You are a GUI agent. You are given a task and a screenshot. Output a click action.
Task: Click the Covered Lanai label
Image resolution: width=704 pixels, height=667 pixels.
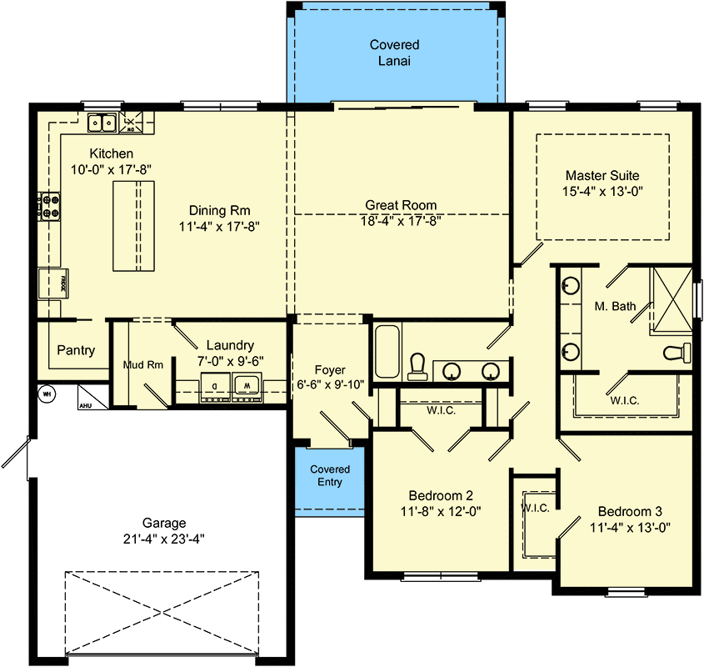(394, 53)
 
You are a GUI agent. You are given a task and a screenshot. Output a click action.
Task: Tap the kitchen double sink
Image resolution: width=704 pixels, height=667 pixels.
(102, 123)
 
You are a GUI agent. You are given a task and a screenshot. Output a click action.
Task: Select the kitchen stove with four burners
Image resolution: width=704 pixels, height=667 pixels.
(49, 206)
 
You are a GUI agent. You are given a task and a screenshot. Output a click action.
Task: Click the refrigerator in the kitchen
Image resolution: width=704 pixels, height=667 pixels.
(52, 284)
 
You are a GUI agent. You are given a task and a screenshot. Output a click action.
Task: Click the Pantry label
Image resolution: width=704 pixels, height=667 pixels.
(76, 350)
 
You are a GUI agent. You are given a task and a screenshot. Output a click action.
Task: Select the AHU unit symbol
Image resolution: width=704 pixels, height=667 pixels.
(87, 397)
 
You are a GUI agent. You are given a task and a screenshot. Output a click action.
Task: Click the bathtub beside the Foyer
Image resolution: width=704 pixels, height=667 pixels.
(387, 353)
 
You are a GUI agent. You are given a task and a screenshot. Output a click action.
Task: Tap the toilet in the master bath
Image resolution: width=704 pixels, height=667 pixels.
(677, 353)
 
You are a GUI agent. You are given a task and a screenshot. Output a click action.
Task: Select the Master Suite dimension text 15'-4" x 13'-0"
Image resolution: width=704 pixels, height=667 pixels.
(603, 191)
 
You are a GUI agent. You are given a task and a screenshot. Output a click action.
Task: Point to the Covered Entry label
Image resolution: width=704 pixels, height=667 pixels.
(330, 475)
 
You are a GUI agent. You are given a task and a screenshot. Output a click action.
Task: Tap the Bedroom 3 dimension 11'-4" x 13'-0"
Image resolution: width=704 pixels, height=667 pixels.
(630, 527)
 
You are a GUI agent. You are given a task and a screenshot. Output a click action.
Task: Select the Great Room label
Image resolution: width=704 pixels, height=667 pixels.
(401, 205)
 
